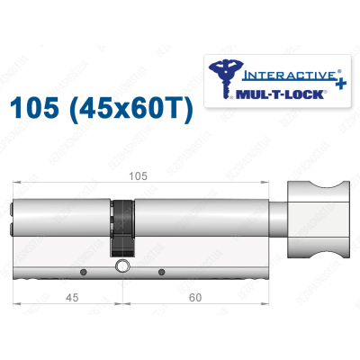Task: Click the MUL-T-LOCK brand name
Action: pos(288,93)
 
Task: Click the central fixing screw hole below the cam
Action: pos(121,267)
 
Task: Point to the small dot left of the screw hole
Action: pos(83,271)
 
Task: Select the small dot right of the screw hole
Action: pos(161,271)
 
